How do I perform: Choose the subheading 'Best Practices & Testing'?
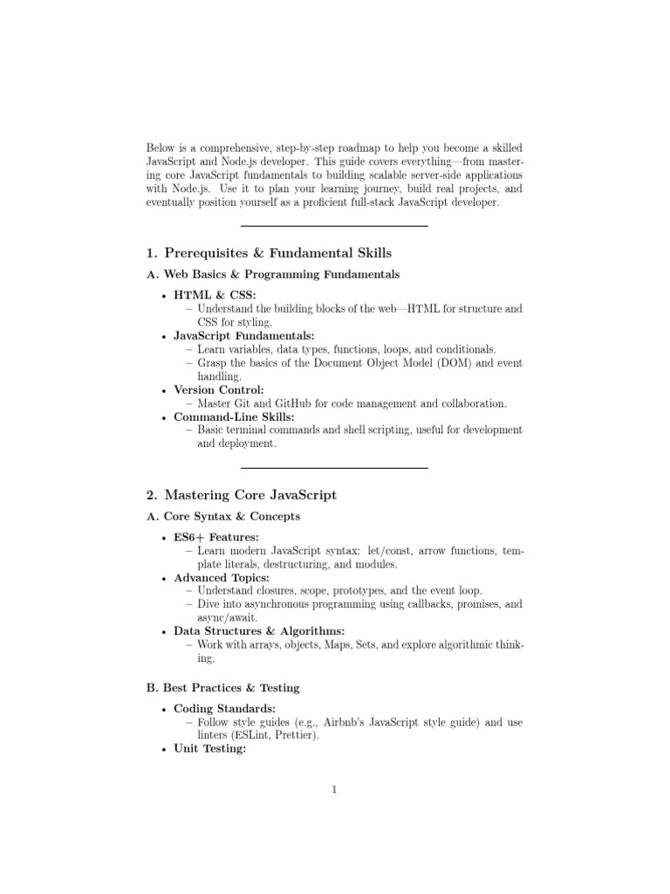(231, 688)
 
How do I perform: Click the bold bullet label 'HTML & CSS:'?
(215, 295)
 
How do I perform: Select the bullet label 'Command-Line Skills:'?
(234, 416)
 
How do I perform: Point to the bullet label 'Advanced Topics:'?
(221, 578)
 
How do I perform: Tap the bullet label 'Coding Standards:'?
(225, 709)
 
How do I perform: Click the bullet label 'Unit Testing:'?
(210, 749)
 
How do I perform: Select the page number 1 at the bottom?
(334, 791)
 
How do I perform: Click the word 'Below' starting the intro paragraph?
(161, 148)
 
